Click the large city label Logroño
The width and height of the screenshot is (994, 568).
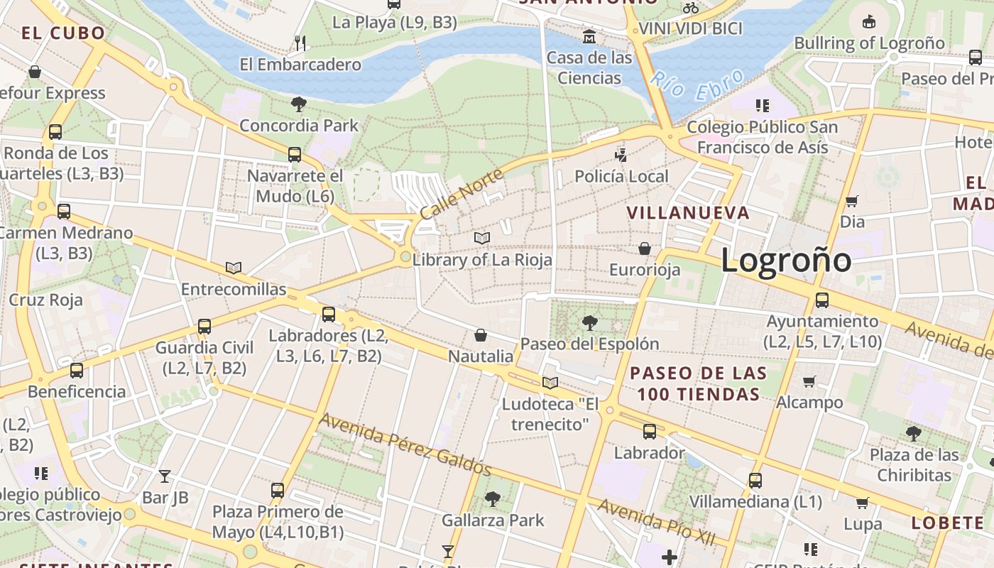[x=786, y=260]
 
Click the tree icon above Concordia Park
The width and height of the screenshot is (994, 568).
[x=299, y=104]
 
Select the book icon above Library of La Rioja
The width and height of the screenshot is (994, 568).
[x=482, y=238]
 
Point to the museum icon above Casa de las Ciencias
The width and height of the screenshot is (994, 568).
[x=589, y=36]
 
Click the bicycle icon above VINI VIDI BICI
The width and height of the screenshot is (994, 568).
[x=690, y=8]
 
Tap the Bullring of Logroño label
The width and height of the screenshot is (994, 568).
[x=869, y=43]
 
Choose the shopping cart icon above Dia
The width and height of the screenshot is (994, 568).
[x=852, y=201]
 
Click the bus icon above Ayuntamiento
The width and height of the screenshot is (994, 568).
[x=822, y=300]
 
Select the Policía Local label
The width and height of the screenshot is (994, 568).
[x=621, y=176]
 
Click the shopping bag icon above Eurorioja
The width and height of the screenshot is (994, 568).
[x=645, y=248]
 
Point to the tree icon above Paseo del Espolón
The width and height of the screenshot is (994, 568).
[x=589, y=323]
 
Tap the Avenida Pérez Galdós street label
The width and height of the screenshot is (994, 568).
[x=405, y=444]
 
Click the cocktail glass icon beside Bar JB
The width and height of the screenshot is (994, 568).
[x=165, y=476]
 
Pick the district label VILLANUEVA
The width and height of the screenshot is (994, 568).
[x=688, y=212]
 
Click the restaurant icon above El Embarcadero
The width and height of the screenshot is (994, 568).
[x=300, y=43]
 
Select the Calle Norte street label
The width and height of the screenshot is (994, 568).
[x=461, y=193]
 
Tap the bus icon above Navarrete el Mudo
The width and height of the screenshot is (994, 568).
[x=295, y=154]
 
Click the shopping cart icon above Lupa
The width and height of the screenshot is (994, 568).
[x=863, y=503]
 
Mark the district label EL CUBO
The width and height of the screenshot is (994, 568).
[x=63, y=33]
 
